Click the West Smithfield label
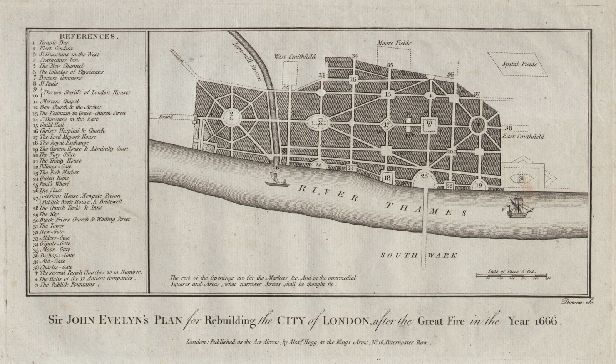click(x=295, y=57)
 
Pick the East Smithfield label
click(x=522, y=136)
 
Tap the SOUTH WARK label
click(x=419, y=255)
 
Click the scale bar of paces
click(x=512, y=275)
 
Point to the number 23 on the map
click(x=424, y=176)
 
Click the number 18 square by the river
click(x=387, y=178)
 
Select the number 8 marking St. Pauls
click(x=320, y=123)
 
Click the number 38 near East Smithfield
click(x=509, y=128)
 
